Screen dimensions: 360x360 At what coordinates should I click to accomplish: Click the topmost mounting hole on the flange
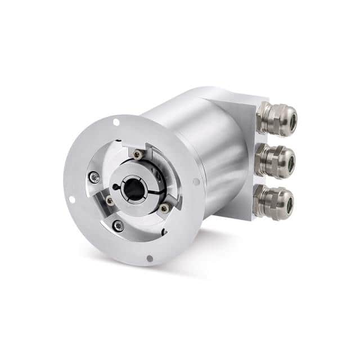(x=116, y=121)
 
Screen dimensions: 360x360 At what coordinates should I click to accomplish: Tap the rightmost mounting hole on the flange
(x=196, y=182)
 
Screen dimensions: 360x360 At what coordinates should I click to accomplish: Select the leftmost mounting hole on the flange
(x=71, y=199)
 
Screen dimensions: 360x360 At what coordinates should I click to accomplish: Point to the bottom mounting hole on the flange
(x=150, y=258)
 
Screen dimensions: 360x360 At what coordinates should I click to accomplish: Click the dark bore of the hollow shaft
(x=134, y=190)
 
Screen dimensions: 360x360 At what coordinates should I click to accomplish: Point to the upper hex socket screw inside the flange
(x=96, y=178)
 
